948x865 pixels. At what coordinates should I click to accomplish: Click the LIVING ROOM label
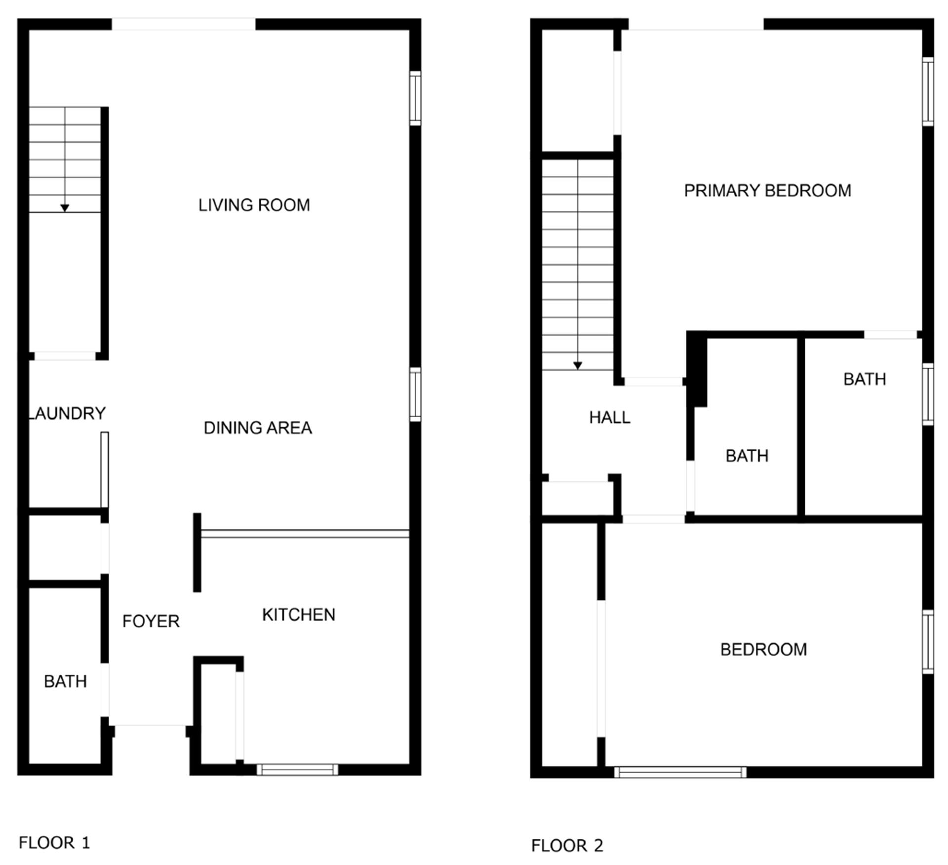pyautogui.click(x=254, y=205)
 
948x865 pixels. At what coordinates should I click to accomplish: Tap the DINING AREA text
pyautogui.click(x=258, y=428)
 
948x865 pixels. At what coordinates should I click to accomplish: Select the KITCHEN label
pyautogui.click(x=298, y=615)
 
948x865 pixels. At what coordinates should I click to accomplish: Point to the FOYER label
pyautogui.click(x=151, y=621)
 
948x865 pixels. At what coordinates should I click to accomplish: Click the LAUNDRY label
pyautogui.click(x=67, y=413)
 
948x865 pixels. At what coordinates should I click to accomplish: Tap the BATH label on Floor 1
pyautogui.click(x=65, y=682)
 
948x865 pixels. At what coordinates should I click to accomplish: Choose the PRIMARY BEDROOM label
pyautogui.click(x=767, y=191)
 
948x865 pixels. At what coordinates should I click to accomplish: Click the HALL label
pyautogui.click(x=609, y=418)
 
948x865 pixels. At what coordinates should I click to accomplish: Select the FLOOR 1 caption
pyautogui.click(x=54, y=843)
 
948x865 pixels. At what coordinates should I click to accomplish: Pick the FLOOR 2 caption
pyautogui.click(x=567, y=846)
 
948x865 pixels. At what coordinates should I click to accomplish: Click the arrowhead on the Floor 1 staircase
pyautogui.click(x=65, y=208)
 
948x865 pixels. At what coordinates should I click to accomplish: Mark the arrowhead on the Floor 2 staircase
pyautogui.click(x=578, y=366)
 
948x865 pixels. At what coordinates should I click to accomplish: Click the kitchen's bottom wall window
pyautogui.click(x=297, y=769)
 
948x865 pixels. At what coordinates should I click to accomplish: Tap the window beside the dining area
pyautogui.click(x=415, y=394)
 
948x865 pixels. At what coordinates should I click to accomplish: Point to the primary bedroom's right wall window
pyautogui.click(x=928, y=91)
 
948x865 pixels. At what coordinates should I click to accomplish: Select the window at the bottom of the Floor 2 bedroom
pyautogui.click(x=680, y=772)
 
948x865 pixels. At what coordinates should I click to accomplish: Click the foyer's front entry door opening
pyautogui.click(x=150, y=726)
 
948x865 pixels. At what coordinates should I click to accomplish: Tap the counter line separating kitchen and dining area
pyautogui.click(x=305, y=534)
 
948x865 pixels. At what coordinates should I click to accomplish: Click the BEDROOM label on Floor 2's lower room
pyautogui.click(x=763, y=650)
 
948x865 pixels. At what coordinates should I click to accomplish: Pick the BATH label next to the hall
pyautogui.click(x=747, y=456)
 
